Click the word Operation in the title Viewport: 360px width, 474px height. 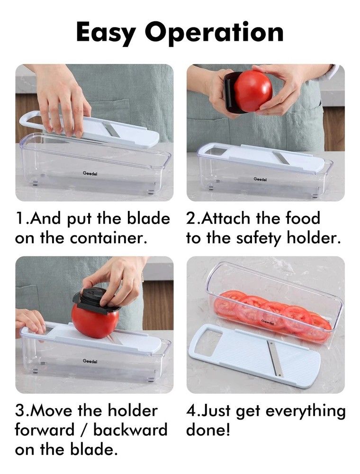(x=214, y=33)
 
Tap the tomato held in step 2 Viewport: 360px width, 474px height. (x=253, y=91)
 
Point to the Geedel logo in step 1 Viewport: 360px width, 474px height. (x=90, y=173)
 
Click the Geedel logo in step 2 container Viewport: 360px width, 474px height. (x=260, y=179)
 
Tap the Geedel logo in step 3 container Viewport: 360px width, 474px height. (x=90, y=361)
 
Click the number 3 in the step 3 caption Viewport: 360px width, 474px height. (x=20, y=410)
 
